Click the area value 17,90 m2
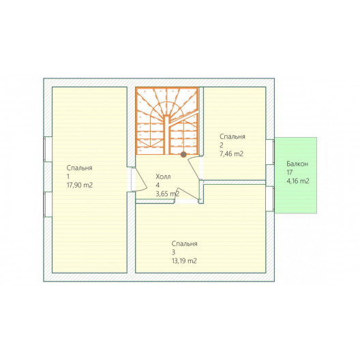click(x=80, y=185)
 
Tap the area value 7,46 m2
click(x=231, y=154)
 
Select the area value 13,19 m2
click(x=184, y=261)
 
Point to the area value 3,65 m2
click(x=168, y=194)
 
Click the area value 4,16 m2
click(x=298, y=181)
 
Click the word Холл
click(x=163, y=177)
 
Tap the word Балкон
click(x=297, y=164)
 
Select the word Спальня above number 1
click(x=80, y=168)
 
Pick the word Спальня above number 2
click(x=232, y=136)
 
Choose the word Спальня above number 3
click(x=185, y=243)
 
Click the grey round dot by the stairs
click(x=183, y=155)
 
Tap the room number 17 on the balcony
click(x=290, y=172)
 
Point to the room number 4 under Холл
click(x=157, y=185)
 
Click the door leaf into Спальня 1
click(x=140, y=179)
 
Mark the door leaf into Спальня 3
click(x=187, y=194)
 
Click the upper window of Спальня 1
click(x=48, y=149)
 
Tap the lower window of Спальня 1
click(x=48, y=205)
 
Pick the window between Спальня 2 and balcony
click(x=270, y=152)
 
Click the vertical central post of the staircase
click(x=167, y=135)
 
